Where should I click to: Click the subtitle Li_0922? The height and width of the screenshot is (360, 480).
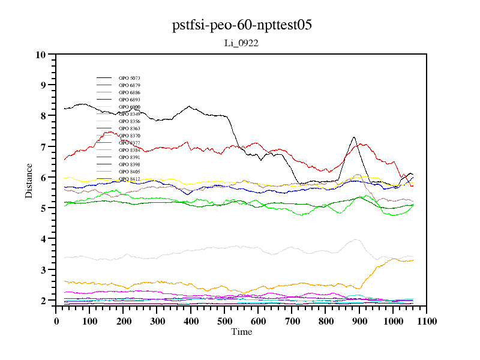coord(241,43)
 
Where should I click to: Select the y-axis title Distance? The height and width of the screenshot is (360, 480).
coord(29,179)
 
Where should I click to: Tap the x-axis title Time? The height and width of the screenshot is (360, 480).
coord(241,332)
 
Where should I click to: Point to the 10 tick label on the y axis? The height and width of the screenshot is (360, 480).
coord(41,55)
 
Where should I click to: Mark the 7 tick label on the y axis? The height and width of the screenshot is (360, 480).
coord(43,147)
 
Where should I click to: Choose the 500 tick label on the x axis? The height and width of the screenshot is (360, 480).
coord(224,321)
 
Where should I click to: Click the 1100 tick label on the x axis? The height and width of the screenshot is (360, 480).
coord(426,321)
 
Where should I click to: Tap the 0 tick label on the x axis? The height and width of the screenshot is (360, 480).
coord(56,321)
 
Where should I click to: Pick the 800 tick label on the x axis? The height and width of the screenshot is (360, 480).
coord(325,321)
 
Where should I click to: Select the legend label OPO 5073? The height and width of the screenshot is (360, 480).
coord(130,78)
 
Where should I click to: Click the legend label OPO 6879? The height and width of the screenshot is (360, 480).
coord(130,85)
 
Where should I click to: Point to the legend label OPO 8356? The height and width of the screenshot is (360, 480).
coord(130,121)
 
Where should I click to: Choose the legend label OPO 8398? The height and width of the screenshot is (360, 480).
coord(130,164)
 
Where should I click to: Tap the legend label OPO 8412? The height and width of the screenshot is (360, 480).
coord(130,179)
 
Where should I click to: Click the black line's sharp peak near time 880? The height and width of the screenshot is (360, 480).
coord(354,137)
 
